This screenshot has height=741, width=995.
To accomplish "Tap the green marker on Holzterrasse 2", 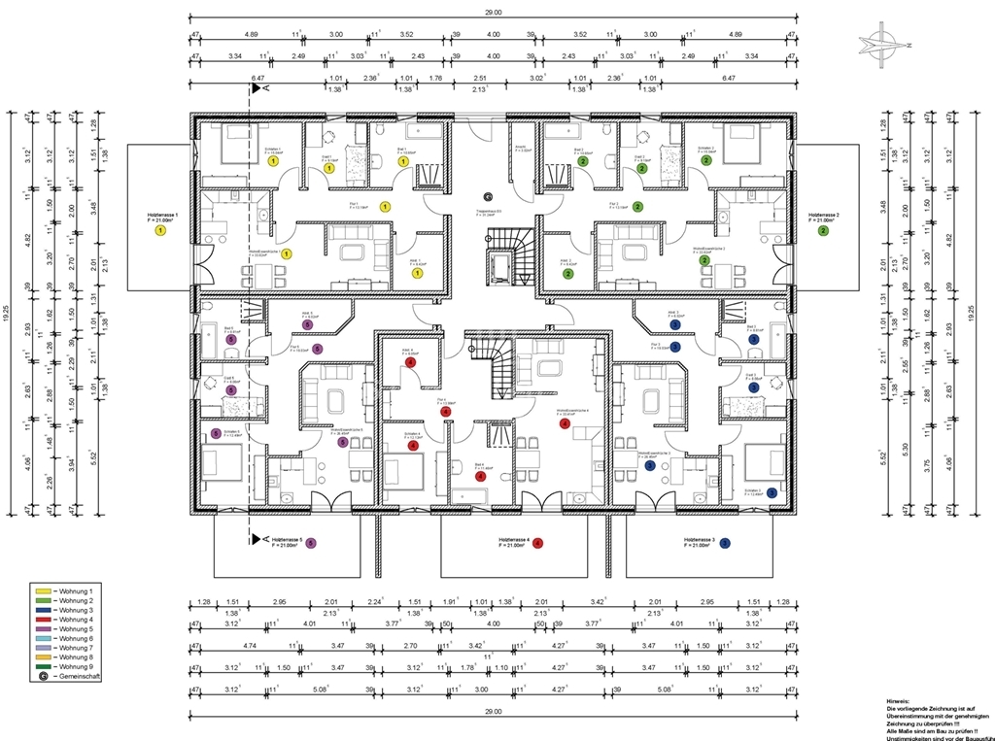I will point(823,230).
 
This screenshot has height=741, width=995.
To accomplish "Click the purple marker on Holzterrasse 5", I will point(311,543).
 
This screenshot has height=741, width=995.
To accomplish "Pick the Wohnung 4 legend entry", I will point(75,620).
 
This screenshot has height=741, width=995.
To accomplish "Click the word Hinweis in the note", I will point(899,700).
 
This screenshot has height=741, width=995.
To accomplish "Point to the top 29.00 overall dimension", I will point(494,12).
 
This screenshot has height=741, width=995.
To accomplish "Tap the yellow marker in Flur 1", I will point(385,206).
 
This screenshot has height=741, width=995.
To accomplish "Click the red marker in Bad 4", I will point(480,476).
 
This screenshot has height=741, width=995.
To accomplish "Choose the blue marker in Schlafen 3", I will point(771,492).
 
